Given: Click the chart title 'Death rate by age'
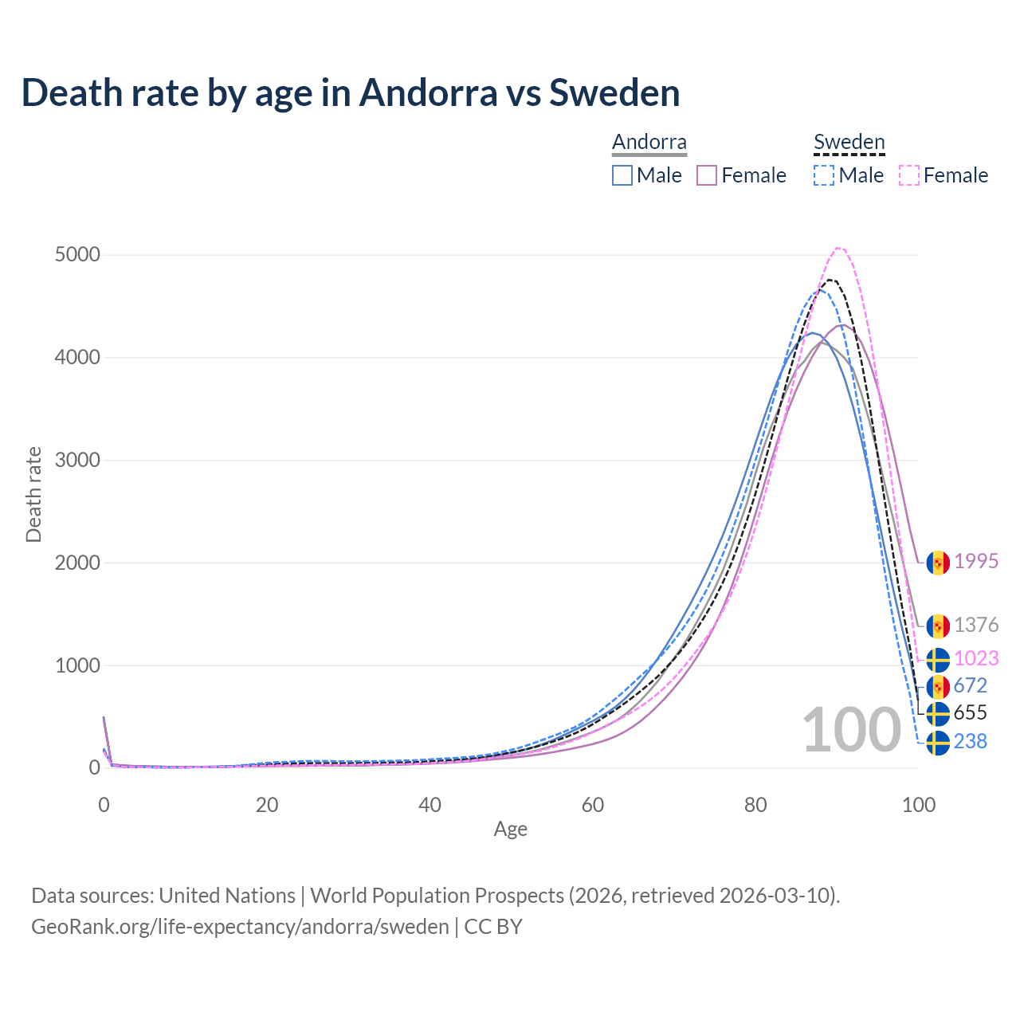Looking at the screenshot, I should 351,92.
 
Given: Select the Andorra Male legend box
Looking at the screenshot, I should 622,175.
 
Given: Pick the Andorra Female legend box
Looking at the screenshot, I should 707,175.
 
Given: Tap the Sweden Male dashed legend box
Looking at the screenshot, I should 824,175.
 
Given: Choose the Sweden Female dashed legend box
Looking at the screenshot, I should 909,175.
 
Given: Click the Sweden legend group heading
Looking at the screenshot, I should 849,142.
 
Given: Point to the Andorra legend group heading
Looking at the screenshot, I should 649,142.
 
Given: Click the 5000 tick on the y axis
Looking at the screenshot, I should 77,255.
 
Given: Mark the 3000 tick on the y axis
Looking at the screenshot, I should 77,461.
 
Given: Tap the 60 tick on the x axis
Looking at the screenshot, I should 593,805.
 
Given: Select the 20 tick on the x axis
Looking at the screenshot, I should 267,805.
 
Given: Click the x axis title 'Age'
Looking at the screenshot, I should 510,830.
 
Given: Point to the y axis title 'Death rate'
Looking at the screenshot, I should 33,495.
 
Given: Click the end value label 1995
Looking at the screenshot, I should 976,562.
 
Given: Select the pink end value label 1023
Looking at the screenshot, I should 976,659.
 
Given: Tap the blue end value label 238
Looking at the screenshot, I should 970,742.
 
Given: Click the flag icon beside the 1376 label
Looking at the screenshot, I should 938,626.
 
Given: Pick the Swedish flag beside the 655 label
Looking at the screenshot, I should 938,713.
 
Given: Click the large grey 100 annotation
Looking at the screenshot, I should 851,730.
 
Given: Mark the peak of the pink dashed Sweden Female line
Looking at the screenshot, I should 838,248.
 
